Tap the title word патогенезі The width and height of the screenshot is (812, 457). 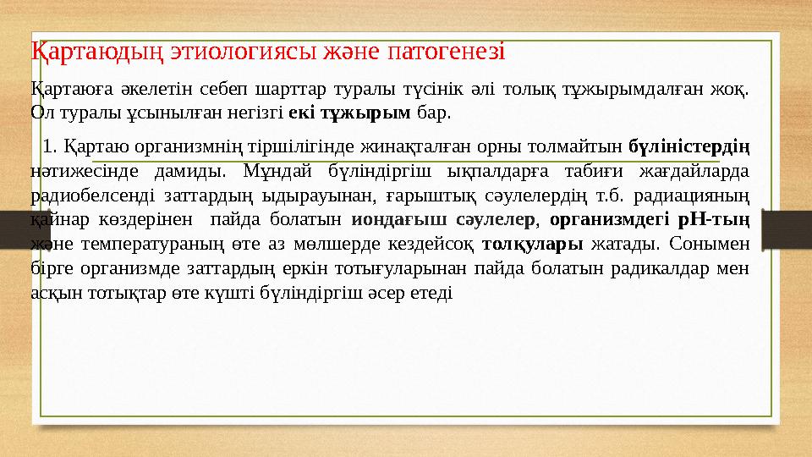pos(445,50)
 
